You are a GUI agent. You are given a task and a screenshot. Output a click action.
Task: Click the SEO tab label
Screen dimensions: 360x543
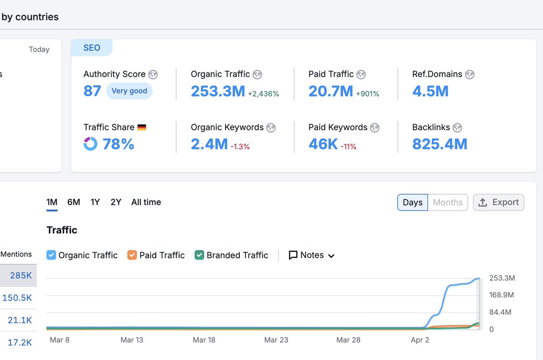tap(91, 48)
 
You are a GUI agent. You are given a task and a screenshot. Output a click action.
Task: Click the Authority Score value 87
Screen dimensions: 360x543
tap(92, 91)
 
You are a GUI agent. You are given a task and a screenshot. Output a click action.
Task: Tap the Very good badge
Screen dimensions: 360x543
tap(129, 91)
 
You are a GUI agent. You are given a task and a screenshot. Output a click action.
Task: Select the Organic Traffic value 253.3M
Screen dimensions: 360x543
tap(218, 91)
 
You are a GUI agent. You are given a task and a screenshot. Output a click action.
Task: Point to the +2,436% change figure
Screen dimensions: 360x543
tap(263, 94)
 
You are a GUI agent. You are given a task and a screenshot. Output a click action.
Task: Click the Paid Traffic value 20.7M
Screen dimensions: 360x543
tap(330, 91)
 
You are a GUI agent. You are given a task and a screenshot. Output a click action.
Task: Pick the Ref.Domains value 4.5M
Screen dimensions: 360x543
tap(430, 91)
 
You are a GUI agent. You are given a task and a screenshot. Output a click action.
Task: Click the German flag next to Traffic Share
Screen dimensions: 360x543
tap(142, 128)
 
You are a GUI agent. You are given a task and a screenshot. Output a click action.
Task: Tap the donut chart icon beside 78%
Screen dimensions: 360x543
tap(90, 144)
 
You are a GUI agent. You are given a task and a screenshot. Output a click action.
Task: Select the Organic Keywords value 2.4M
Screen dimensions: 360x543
tap(209, 144)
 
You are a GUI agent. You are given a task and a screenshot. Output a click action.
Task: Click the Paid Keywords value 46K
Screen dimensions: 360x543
tap(323, 144)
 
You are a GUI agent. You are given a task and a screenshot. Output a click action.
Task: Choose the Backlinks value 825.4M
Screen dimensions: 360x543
tap(439, 144)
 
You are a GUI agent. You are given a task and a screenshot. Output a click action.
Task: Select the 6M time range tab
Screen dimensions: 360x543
tap(74, 202)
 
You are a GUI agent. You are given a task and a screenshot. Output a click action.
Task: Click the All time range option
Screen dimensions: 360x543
tap(146, 202)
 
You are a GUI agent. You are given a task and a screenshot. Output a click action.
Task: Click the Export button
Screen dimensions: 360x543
tap(499, 202)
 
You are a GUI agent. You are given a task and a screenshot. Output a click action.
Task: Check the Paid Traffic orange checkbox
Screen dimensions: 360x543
tap(132, 255)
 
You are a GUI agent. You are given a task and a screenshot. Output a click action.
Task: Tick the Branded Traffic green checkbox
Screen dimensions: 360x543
tap(199, 255)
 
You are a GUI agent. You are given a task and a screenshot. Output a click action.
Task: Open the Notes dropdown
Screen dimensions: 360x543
tap(312, 255)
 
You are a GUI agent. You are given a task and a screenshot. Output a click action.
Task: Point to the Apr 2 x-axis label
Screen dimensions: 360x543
tap(420, 340)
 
